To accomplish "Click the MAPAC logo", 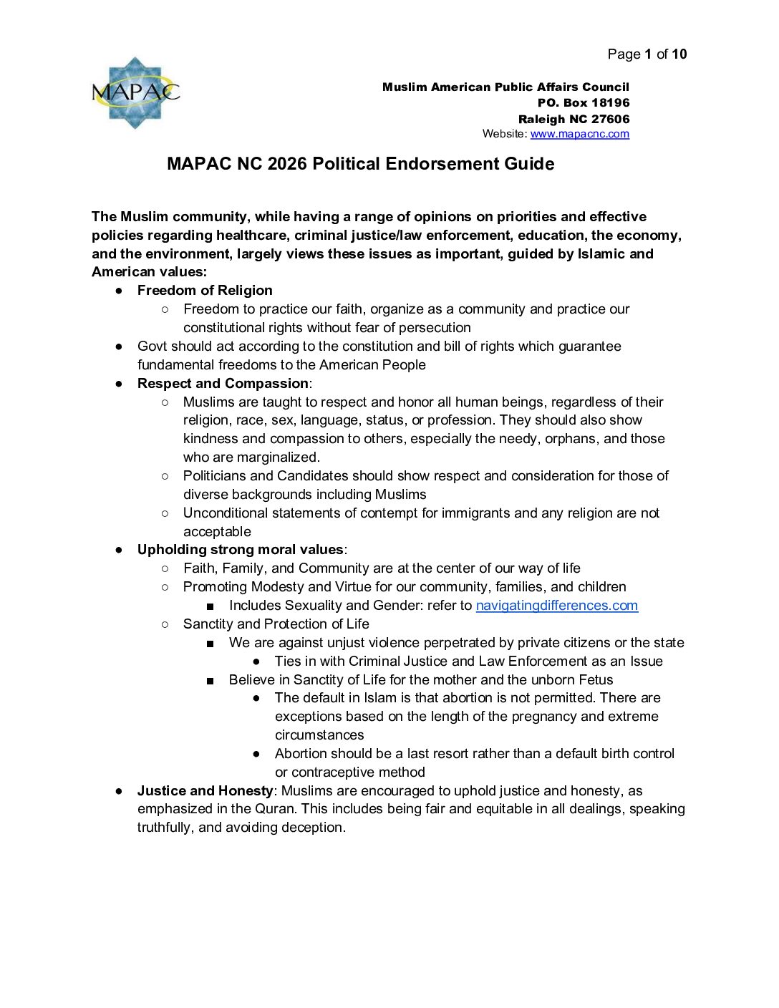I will click(135, 93).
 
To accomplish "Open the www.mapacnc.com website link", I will click(579, 134).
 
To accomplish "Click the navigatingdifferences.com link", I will click(556, 606).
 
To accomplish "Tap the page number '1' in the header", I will click(648, 54).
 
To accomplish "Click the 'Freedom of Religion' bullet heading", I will click(205, 291).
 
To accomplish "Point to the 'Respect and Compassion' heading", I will click(223, 384).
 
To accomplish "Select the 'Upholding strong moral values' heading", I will click(240, 550).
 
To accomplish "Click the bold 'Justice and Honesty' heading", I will click(205, 791).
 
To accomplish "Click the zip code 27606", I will click(610, 120).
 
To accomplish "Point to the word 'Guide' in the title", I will click(529, 164).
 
